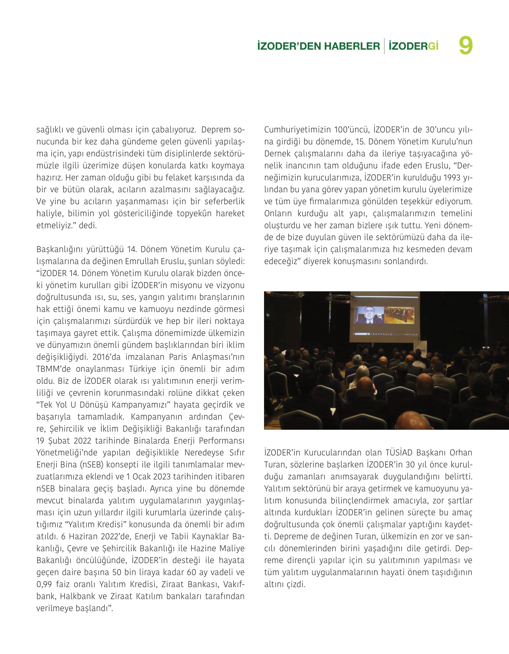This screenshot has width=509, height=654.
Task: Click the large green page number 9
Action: [466, 46]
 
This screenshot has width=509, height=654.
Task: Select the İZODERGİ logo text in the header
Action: [414, 46]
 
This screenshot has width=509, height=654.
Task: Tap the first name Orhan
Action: [461, 453]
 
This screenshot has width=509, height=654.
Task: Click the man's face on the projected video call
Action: [369, 313]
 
